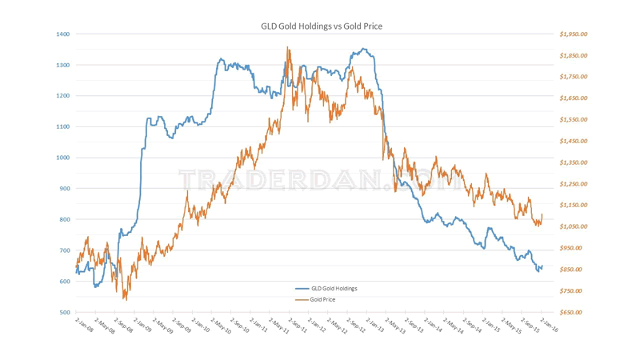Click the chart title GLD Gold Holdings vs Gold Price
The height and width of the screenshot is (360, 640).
322,26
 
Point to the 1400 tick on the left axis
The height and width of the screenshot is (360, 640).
63,34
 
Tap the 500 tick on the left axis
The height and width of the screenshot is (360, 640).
64,313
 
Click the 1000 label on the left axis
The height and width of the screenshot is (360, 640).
63,158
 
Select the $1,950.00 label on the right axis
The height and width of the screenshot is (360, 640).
574,34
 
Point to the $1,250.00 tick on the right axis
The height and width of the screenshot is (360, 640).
574,184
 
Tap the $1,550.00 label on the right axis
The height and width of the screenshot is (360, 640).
574,120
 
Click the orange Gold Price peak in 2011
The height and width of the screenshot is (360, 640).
287,47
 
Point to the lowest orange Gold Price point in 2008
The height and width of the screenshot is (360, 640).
125,298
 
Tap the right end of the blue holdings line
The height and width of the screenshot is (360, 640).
542,266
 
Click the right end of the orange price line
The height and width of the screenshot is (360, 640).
542,214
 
